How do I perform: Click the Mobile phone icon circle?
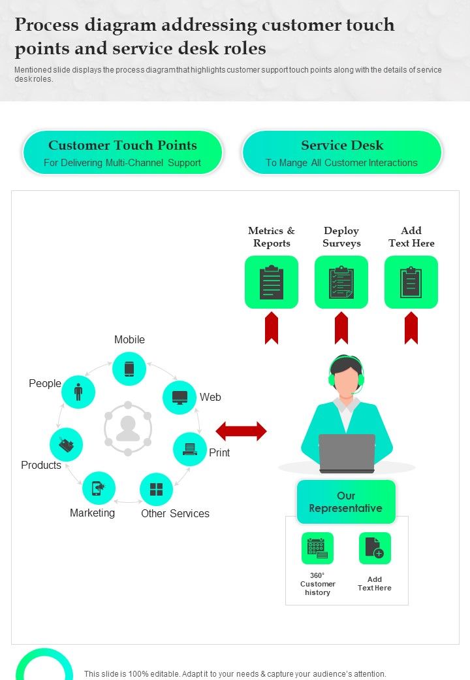(129, 369)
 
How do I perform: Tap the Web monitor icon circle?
(180, 398)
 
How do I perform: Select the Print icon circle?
(190, 449)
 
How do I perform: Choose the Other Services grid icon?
(157, 490)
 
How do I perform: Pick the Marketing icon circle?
(99, 488)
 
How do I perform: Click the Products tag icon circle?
(66, 445)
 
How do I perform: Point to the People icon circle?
(78, 392)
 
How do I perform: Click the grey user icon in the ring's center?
(128, 429)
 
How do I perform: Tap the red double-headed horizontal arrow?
(241, 432)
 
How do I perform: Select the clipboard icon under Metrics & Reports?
(272, 282)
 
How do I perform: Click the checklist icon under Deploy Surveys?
(341, 282)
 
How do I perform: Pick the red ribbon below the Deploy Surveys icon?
(341, 328)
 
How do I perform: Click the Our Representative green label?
(346, 501)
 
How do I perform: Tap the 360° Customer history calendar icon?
(317, 548)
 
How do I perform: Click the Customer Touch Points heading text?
(123, 145)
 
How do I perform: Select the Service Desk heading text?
(342, 145)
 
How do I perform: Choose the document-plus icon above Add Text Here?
(375, 548)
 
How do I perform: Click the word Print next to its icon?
(219, 452)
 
